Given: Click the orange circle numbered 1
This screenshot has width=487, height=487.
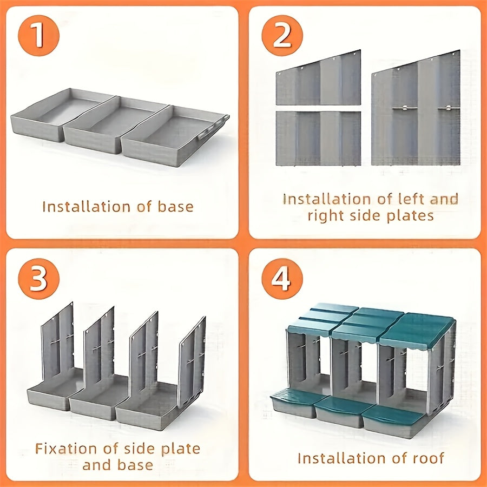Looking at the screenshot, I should tap(38, 35).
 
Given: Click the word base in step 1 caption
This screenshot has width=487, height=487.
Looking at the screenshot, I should tap(175, 207).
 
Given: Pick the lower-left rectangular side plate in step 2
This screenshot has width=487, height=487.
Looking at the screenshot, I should tap(318, 139).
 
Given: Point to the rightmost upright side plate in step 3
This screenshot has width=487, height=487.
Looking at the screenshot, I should tap(193, 352).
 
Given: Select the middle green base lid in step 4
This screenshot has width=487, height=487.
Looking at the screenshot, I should tap(337, 411).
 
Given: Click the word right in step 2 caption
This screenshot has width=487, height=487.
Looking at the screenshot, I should tap(326, 215).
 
